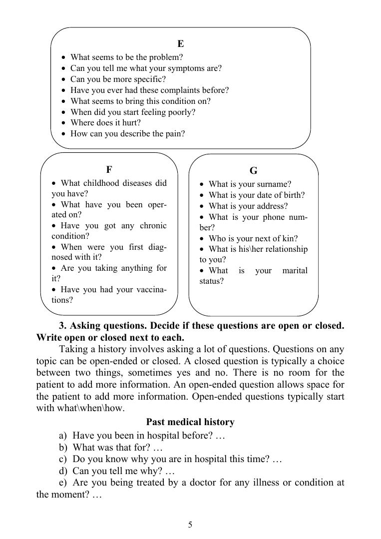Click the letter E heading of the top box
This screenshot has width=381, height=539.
181,44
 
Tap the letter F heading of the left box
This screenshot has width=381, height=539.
109,169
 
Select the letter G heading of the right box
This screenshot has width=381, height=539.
253,171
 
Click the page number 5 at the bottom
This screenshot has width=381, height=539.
190,524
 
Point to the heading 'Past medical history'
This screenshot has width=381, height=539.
190,422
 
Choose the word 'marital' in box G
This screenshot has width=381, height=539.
295,271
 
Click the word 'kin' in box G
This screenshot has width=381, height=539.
288,239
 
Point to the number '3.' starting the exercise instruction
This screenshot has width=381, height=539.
63,326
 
